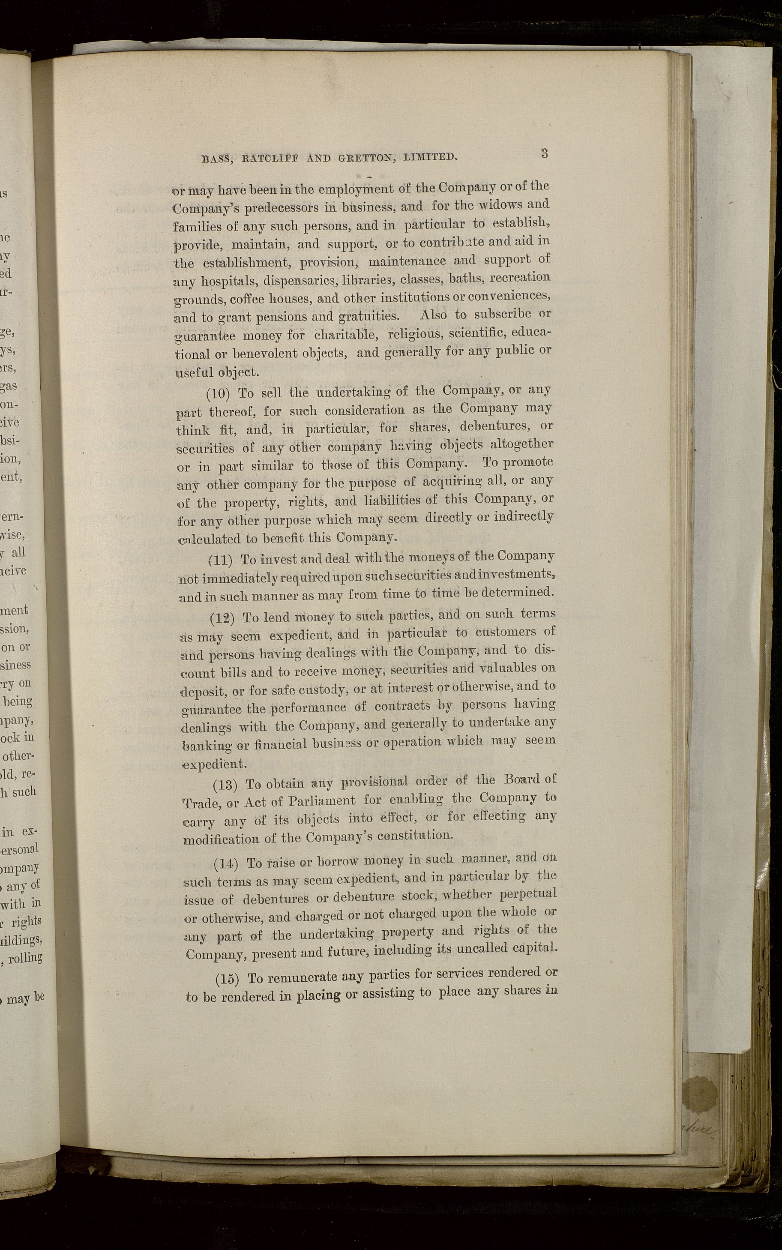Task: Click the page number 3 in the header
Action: (544, 153)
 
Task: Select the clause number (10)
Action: (218, 393)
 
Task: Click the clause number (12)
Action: (223, 618)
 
